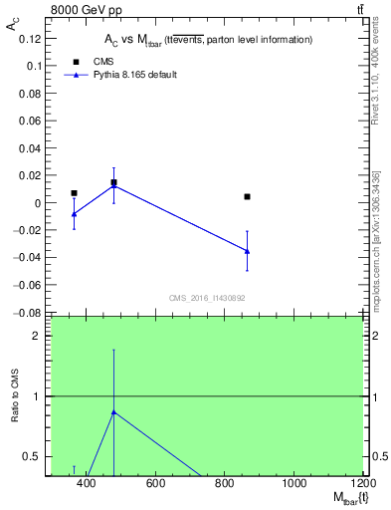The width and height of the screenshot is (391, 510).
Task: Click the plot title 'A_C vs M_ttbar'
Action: pyautogui.click(x=209, y=40)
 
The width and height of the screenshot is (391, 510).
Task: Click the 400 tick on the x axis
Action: pyautogui.click(x=86, y=484)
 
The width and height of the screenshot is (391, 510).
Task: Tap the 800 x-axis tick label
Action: pyautogui.click(x=225, y=484)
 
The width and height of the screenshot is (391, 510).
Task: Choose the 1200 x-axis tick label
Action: pyautogui.click(x=361, y=484)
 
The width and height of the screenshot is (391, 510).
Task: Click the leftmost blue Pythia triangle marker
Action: pyautogui.click(x=74, y=214)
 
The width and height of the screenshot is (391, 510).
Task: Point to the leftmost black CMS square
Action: pyautogui.click(x=74, y=193)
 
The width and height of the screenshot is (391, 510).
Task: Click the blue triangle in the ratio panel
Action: pyautogui.click(x=113, y=411)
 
